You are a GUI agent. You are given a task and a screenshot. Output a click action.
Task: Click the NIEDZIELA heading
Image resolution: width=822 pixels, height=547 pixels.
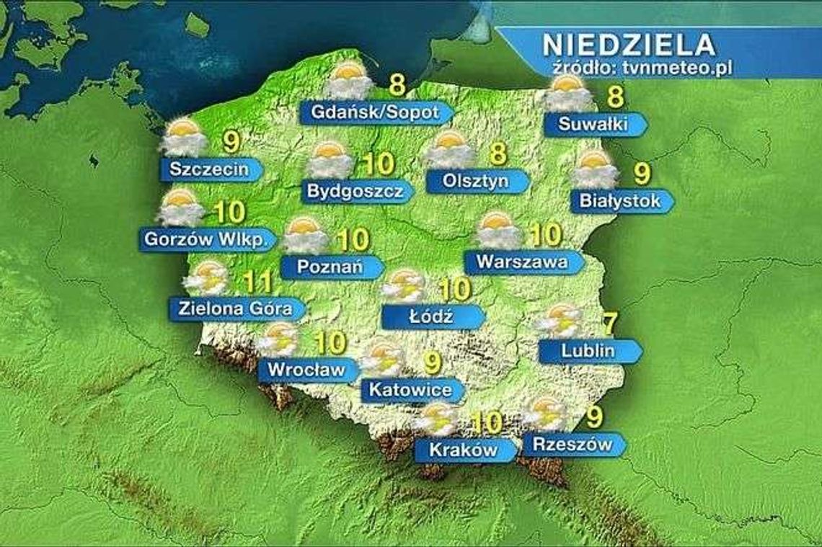628,44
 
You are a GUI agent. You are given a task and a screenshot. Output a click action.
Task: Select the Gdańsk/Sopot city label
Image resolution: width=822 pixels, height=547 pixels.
371,112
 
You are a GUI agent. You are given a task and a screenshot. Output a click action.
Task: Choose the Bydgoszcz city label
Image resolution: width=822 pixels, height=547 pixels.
352,191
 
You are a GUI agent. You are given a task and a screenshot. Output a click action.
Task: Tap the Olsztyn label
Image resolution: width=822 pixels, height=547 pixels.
472,181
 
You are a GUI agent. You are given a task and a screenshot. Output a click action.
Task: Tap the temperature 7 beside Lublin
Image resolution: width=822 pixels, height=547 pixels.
609,324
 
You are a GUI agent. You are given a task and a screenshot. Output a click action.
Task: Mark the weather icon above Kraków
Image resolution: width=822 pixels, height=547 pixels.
439,419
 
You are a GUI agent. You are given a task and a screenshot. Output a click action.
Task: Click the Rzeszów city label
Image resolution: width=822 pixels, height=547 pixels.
567,444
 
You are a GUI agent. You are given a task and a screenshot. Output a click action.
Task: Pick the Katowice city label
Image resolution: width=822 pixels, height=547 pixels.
408,391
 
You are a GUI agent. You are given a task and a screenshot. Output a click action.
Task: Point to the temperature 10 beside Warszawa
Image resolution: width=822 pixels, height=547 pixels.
546,235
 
